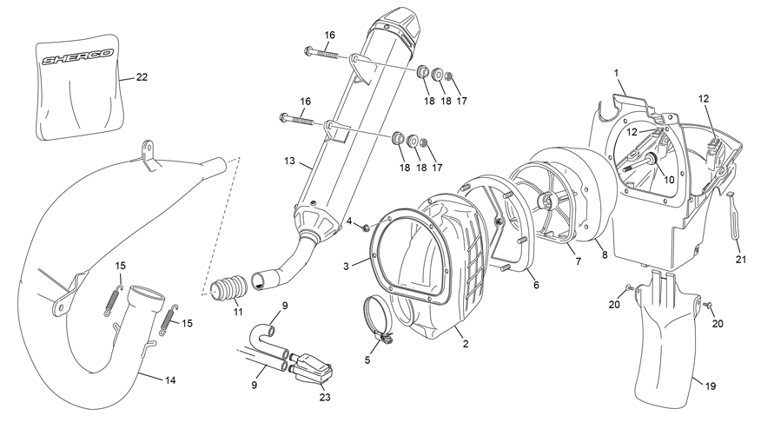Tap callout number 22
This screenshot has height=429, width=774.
141,77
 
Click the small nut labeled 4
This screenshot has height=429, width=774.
366,228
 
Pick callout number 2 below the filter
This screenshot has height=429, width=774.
466,344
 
